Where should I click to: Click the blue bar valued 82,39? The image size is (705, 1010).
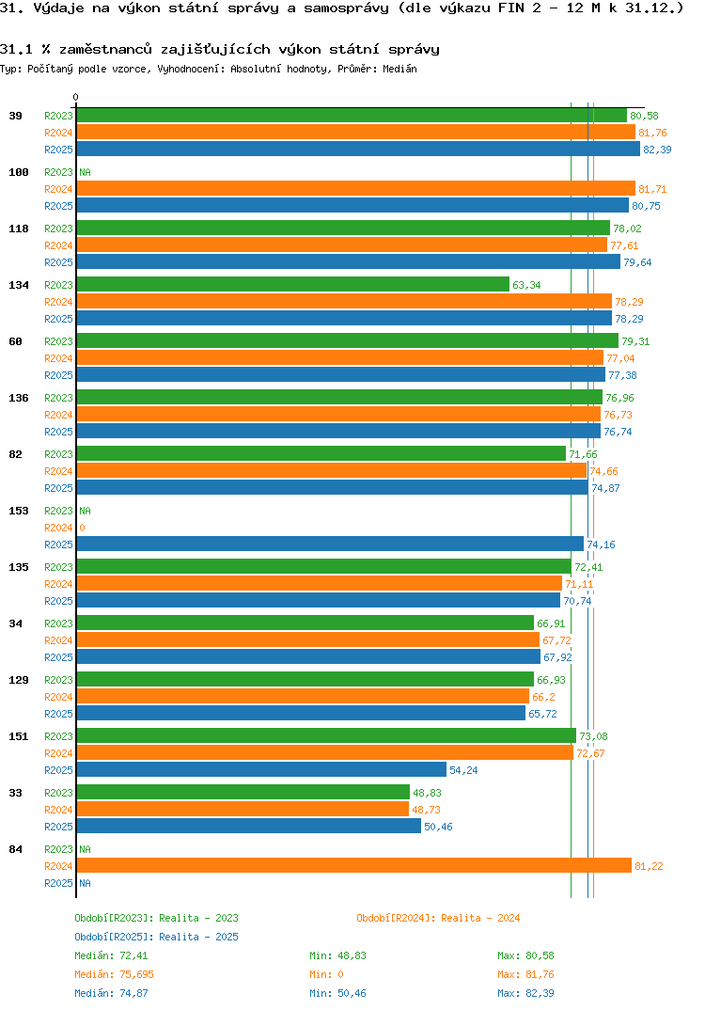(x=357, y=150)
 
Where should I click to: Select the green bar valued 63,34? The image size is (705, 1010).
(x=292, y=285)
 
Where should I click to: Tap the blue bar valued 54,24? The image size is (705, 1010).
(x=261, y=770)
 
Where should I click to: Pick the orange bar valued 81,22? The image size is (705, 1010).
(x=353, y=866)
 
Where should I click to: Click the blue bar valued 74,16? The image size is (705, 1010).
(x=330, y=544)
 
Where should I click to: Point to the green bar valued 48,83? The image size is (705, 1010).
(x=243, y=793)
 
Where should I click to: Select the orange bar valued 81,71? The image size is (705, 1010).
(x=355, y=189)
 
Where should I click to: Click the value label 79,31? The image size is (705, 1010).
(x=635, y=341)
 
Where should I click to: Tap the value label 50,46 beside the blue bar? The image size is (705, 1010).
(x=438, y=827)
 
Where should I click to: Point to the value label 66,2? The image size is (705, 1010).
(x=544, y=697)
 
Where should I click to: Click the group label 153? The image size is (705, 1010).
(x=19, y=511)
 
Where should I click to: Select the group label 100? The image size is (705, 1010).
(x=19, y=172)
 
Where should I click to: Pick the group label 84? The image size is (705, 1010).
(x=16, y=849)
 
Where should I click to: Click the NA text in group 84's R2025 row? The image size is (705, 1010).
(x=85, y=883)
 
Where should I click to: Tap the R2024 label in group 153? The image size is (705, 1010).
(x=58, y=528)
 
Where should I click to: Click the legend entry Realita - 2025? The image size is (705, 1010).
(x=156, y=937)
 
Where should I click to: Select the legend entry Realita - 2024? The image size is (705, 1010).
(x=438, y=918)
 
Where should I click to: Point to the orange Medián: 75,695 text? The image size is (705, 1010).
(x=114, y=974)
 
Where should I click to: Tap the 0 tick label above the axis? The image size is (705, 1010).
(x=76, y=98)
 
